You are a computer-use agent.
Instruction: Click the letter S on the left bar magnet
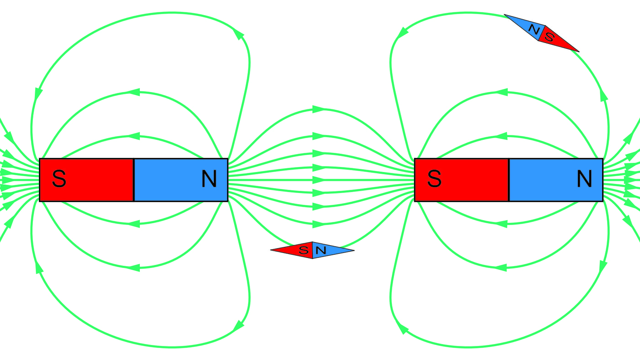pos(59,179)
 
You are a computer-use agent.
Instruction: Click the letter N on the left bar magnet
pos(209,179)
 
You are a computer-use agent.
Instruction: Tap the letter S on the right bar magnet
pos(434,179)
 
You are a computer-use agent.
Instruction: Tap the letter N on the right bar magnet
pos(584,179)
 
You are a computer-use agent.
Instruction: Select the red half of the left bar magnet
pos(87,180)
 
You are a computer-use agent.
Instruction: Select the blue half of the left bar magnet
pos(181,180)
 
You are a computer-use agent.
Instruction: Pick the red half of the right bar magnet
pos(462,180)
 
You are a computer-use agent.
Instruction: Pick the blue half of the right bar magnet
pos(556,180)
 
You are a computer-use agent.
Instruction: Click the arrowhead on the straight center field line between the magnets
pos(318,180)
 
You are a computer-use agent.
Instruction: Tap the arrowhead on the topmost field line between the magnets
pos(318,109)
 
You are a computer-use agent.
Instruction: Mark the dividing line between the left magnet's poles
pos(133,180)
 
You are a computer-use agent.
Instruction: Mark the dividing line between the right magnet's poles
pos(509,180)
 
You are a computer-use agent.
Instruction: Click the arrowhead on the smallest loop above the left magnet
pos(133,136)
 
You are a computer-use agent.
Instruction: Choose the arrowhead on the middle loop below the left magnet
pos(133,267)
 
